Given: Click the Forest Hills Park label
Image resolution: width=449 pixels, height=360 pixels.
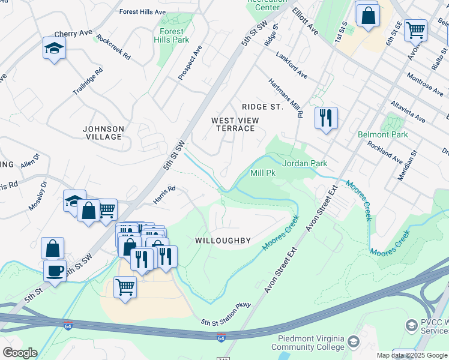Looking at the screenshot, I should point(172,35).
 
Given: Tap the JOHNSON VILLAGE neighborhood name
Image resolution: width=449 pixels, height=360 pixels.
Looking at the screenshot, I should point(103,133).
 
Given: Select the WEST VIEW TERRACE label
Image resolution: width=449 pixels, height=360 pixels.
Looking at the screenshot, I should point(235,124).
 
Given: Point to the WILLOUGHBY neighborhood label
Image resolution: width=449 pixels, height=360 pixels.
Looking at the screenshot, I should point(223,241).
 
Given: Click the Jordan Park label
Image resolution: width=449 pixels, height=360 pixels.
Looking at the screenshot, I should point(304,163).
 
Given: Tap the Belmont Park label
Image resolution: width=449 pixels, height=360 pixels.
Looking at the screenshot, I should point(383,134).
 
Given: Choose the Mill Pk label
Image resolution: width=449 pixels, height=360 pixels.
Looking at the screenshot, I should point(262,173).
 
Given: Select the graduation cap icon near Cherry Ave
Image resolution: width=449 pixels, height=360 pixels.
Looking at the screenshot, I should point(54,48).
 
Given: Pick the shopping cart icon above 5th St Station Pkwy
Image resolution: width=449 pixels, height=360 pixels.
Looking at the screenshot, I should point(125,286).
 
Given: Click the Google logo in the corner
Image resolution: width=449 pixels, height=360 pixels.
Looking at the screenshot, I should point(19,353).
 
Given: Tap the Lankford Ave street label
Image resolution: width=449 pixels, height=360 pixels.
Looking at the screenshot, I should point(292,65).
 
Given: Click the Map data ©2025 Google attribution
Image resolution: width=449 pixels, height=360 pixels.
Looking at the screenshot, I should point(411,355).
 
